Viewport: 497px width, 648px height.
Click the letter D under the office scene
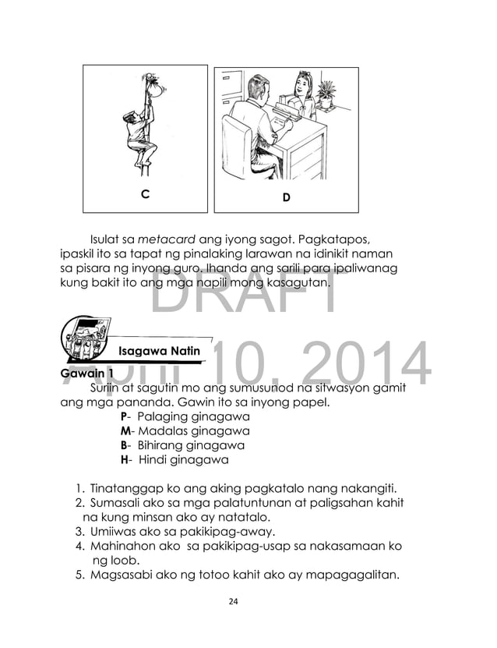pos(286,197)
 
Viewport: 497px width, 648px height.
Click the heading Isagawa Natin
pos(160,351)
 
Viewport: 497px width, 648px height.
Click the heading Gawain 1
pos(81,373)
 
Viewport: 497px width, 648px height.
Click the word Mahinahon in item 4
pos(122,547)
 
